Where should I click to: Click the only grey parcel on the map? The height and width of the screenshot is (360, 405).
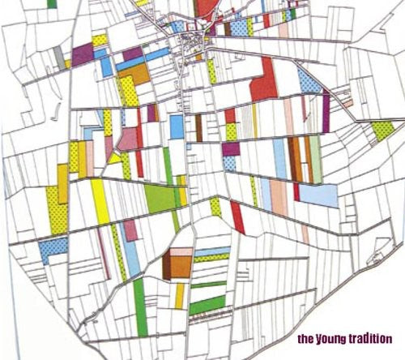point(59,56)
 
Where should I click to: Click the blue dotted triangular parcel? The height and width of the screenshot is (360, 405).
point(309,80)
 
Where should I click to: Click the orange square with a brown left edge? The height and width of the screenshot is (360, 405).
point(179,265)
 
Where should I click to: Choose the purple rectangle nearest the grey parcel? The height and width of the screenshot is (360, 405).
point(83,55)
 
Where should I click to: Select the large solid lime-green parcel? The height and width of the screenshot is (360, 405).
point(161,197)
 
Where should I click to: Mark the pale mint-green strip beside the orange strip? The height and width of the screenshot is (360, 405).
point(315,158)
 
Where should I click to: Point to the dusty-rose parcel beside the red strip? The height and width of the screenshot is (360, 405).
point(128,139)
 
